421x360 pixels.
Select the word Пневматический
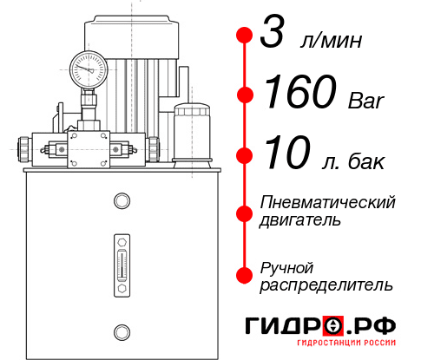coord(328,203)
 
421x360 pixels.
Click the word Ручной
coord(286,266)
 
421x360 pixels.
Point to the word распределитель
coord(326,285)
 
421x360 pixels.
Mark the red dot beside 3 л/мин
coord(245,36)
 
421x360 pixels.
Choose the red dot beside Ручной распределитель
coord(245,274)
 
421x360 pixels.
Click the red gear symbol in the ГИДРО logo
coord(334,326)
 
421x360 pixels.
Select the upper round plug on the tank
coord(121,201)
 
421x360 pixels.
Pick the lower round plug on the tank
coord(121,330)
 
